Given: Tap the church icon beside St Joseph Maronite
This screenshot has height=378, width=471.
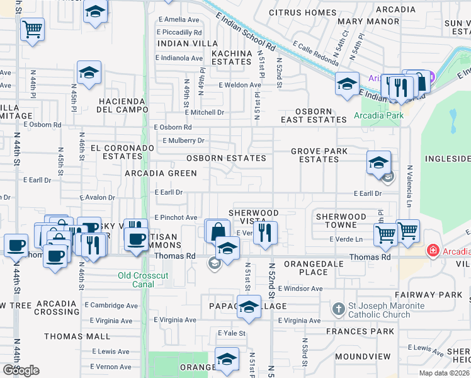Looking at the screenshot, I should [339, 309].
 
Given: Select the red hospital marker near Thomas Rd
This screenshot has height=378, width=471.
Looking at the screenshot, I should [433, 251].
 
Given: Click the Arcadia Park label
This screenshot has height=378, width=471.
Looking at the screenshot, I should [378, 116].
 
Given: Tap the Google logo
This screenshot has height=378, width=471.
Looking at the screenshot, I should [21, 370].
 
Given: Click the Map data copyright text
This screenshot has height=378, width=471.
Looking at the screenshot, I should [445, 373].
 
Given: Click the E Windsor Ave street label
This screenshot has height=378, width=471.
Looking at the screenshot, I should [299, 289].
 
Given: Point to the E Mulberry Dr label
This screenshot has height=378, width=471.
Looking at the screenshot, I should [183, 140].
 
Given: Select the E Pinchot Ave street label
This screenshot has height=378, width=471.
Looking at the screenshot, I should [176, 217].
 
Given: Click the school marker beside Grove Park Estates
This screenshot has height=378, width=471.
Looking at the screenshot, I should [378, 163].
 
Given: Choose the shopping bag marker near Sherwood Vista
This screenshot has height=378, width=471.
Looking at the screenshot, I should [217, 231].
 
